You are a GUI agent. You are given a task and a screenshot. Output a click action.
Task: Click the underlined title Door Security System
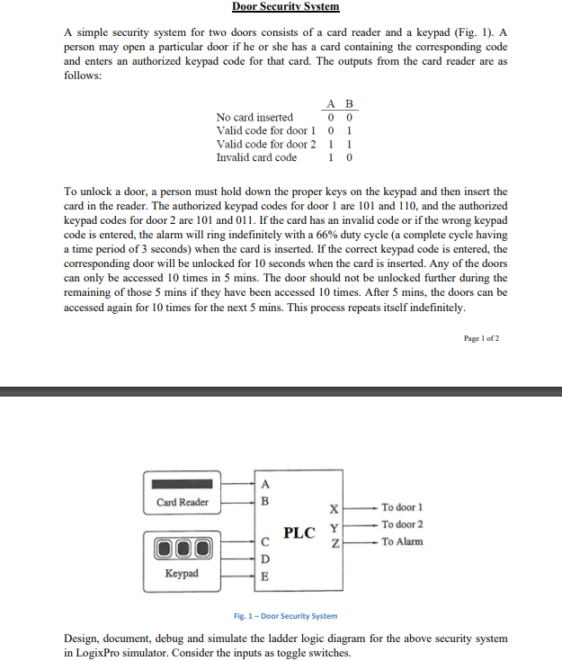285,7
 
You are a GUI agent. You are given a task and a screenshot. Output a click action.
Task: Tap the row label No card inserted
254,117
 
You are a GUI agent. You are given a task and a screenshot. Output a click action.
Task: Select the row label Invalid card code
256,157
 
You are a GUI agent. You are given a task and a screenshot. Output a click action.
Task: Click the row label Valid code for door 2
266,144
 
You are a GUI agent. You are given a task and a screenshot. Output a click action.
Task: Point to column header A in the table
333,103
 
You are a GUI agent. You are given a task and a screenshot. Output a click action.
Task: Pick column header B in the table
349,103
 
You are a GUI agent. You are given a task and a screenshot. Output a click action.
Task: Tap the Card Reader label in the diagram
183,502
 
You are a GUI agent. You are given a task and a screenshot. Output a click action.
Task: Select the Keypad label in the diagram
183,573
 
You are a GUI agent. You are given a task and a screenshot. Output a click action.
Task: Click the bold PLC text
299,532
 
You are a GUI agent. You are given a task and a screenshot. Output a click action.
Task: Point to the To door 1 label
402,508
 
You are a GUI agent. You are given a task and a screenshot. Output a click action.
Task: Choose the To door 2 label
402,524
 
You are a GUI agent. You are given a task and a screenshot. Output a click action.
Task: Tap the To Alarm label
402,541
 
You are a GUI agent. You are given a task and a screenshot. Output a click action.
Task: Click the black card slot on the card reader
183,482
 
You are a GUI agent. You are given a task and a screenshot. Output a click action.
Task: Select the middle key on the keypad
183,549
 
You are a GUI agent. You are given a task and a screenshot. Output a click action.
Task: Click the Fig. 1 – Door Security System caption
285,616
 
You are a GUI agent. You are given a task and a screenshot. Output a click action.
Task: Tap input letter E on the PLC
264,576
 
